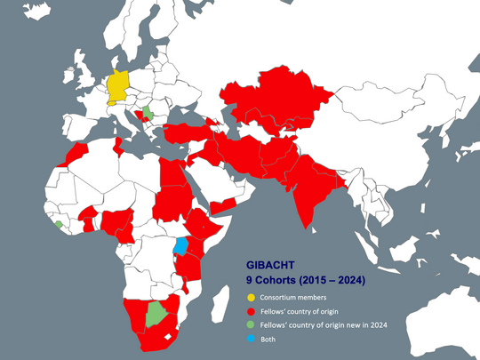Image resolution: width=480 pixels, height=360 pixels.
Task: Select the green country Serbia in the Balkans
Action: (x=148, y=115)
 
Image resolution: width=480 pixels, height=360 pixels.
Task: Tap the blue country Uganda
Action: (x=181, y=245)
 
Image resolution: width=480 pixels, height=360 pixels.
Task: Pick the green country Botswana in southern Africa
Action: (x=157, y=313)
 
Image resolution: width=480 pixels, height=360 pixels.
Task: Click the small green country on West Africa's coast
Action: (x=59, y=225)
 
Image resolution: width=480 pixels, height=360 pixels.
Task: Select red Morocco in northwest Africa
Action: (x=76, y=156)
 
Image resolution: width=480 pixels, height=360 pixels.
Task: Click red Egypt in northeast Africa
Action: (x=171, y=178)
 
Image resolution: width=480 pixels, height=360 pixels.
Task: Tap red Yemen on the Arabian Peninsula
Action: (x=223, y=205)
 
